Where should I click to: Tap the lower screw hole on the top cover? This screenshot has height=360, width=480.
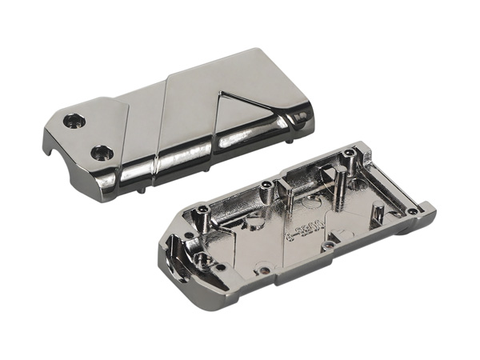click(101, 151)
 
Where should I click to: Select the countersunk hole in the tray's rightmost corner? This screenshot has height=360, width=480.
click(412, 212)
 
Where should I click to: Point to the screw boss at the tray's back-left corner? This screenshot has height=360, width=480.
click(205, 210)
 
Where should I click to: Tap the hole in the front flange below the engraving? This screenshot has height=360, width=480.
click(325, 247)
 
